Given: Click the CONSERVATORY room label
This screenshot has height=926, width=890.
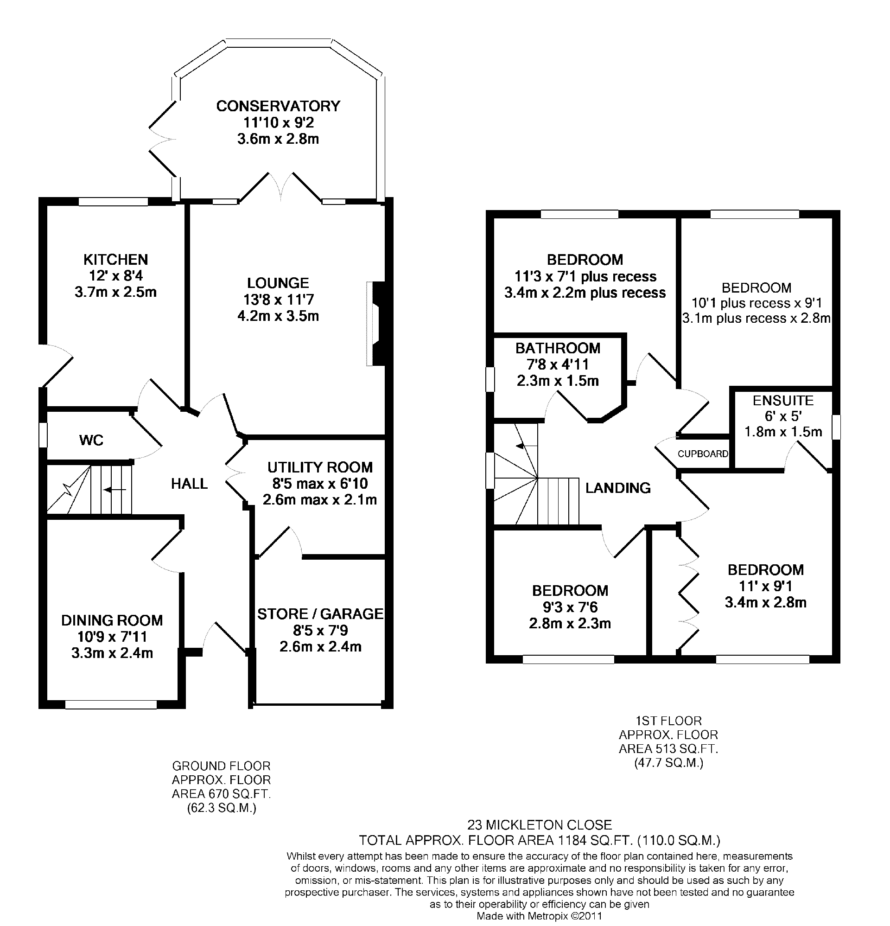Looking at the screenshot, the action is coord(278,106).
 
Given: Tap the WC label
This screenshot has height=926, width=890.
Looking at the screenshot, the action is coord(91,440).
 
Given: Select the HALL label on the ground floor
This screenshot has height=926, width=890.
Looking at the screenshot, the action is coord(189,483).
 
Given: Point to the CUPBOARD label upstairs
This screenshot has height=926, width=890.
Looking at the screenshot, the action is coord(702,454).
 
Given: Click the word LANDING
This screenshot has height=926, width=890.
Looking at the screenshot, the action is coord(618,487).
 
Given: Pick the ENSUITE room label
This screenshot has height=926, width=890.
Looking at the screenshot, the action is coord(783,401).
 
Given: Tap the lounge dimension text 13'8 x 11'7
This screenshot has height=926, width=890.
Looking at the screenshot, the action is coord(278,300).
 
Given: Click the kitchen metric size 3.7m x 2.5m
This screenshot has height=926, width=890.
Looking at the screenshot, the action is coord(116,292).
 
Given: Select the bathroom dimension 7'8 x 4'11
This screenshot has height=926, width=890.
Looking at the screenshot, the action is coord(558,364).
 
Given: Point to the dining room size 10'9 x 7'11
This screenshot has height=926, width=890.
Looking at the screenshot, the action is coord(112,636).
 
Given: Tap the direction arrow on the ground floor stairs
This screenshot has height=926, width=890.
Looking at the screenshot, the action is coord(114,490).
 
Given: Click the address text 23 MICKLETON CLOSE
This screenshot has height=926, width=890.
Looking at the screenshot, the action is coord(540,825).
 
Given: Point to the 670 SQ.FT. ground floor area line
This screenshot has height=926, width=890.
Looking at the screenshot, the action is coord(221,794).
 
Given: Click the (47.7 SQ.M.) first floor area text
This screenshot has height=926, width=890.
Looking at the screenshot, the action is coord(668,762).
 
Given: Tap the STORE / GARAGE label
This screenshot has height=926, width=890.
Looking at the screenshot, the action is coord(320,614).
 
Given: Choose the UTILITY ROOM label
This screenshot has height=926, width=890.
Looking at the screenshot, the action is coord(320,467).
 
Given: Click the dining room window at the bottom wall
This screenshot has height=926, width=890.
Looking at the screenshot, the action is coord(110,704).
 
